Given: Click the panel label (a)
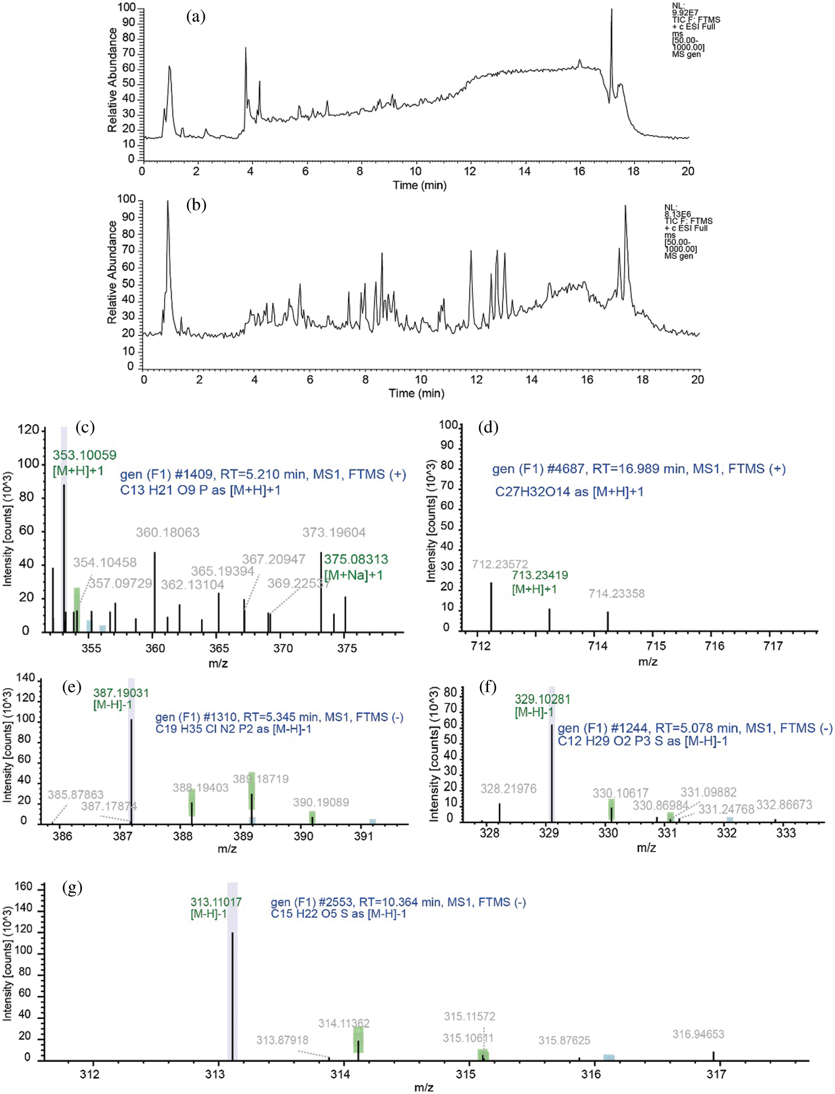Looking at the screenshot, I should (195, 17).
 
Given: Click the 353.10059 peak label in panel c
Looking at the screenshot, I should (84, 455).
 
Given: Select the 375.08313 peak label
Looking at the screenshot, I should (356, 559).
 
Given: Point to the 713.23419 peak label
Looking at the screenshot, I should (540, 575).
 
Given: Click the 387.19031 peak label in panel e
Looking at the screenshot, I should (121, 693).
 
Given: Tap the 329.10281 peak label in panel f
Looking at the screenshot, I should (542, 699).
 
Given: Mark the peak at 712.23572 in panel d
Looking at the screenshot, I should (491, 607).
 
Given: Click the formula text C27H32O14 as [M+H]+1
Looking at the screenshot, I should (569, 492).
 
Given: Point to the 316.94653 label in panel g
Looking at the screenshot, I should (699, 1034).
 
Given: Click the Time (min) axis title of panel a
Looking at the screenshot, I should (419, 186).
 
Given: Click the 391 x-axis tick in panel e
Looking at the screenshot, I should (364, 836).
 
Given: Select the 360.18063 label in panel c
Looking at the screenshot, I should (167, 532).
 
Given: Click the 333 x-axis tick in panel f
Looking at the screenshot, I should (786, 833).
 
